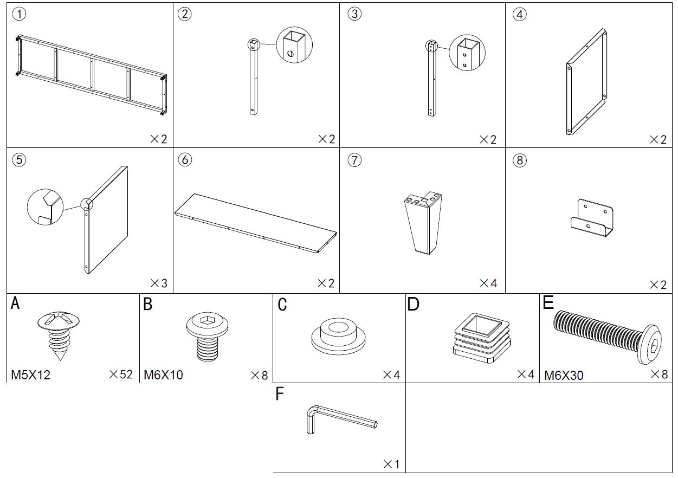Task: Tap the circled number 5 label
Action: [x=19, y=160]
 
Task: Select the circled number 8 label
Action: [x=519, y=160]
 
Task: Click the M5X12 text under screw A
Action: [x=31, y=375]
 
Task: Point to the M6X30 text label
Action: [x=564, y=375]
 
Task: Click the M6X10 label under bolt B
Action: [x=163, y=375]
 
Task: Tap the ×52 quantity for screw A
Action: [x=120, y=374]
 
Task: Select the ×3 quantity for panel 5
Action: [x=159, y=283]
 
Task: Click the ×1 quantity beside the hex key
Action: [x=391, y=464]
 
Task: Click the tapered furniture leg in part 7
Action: [x=423, y=222]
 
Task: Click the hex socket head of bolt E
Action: [x=654, y=345]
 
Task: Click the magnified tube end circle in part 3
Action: [x=467, y=53]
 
